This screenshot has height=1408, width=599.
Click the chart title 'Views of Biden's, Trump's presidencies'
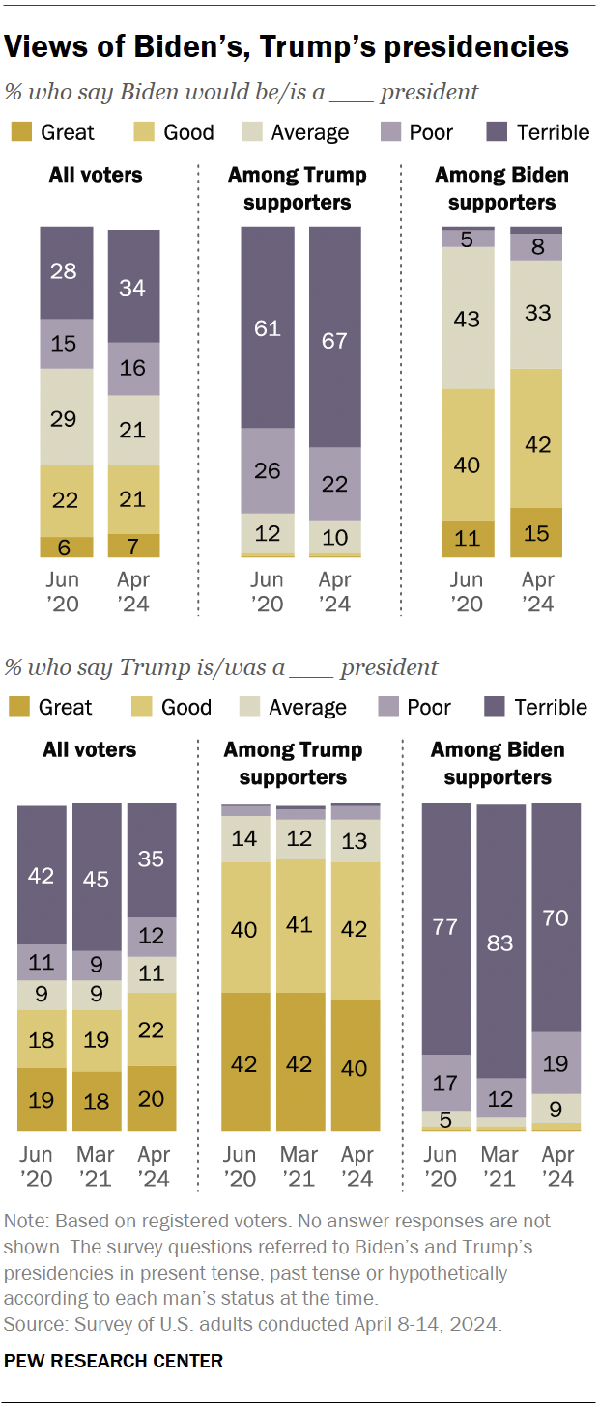287,45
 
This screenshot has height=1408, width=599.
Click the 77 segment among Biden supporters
445,928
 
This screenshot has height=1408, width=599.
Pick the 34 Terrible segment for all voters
133,286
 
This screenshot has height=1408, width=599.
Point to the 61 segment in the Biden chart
268,327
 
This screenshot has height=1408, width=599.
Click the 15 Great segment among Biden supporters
536,532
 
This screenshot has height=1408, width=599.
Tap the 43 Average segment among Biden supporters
469,318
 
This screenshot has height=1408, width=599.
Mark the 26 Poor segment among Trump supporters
268,470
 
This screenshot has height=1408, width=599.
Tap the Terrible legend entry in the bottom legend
536,708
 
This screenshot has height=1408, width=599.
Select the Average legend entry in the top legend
295,132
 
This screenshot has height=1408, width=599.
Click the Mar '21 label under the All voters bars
97,1167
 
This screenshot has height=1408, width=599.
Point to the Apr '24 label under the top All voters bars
133,591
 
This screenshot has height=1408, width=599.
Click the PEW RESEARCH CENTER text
114,1361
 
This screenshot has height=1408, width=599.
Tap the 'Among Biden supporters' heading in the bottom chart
498,763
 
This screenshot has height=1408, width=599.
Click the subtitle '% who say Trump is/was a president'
222,667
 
